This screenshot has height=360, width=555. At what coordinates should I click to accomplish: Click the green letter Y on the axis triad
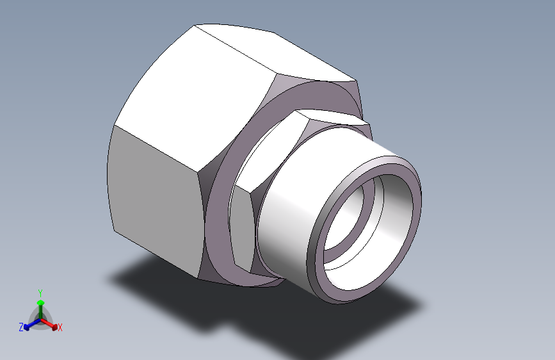40,293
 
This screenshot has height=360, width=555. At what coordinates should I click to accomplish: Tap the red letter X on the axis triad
60,327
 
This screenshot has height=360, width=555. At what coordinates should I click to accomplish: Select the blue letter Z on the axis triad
21,327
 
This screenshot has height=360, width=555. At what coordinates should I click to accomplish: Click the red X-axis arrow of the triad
49,324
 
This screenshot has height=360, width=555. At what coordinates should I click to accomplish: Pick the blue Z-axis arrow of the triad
32,324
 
